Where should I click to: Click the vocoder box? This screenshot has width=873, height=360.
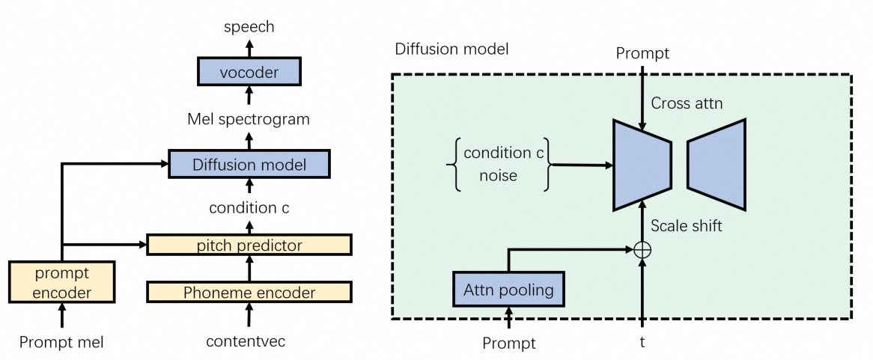pos(249,73)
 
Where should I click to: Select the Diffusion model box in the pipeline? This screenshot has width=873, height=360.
pos(249,164)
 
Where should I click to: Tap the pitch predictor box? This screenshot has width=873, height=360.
pos(249,245)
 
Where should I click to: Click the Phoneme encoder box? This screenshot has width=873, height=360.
pos(249,293)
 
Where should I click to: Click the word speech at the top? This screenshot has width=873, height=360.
pos(249,27)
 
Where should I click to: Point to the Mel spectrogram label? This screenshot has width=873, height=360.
pos(249,119)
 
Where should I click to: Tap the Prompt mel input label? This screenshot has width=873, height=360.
pos(61,343)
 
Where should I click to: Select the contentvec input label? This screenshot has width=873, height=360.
pos(246,343)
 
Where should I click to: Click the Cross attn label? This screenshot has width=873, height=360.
pos(687,103)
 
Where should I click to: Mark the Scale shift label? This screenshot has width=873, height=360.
pos(687,225)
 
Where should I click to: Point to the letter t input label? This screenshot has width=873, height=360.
pos(642,342)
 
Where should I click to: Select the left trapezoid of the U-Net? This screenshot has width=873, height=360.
pos(640,164)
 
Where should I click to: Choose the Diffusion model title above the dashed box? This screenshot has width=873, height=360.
pos(451,50)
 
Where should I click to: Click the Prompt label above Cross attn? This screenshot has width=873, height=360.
pos(641,53)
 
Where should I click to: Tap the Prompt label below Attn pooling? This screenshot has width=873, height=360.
pos(509,344)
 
